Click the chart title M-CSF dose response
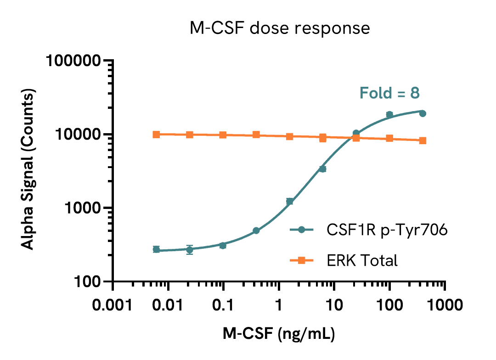pyautogui.click(x=280, y=28)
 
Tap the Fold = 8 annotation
pyautogui.click(x=389, y=93)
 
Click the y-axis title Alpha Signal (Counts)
pyautogui.click(x=28, y=171)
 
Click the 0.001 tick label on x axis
pyautogui.click(x=113, y=304)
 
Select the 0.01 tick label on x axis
pyautogui.click(x=168, y=304)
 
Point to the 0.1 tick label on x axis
pyautogui.click(x=223, y=304)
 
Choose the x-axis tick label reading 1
pyautogui.click(x=279, y=304)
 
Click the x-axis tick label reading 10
pyautogui.click(x=334, y=304)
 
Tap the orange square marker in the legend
pyautogui.click(x=301, y=261)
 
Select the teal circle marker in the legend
pyautogui.click(x=301, y=230)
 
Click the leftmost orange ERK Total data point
pyautogui.click(x=156, y=134)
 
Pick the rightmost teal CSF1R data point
pyautogui.click(x=423, y=113)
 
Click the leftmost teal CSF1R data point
pyautogui.click(x=156, y=249)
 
